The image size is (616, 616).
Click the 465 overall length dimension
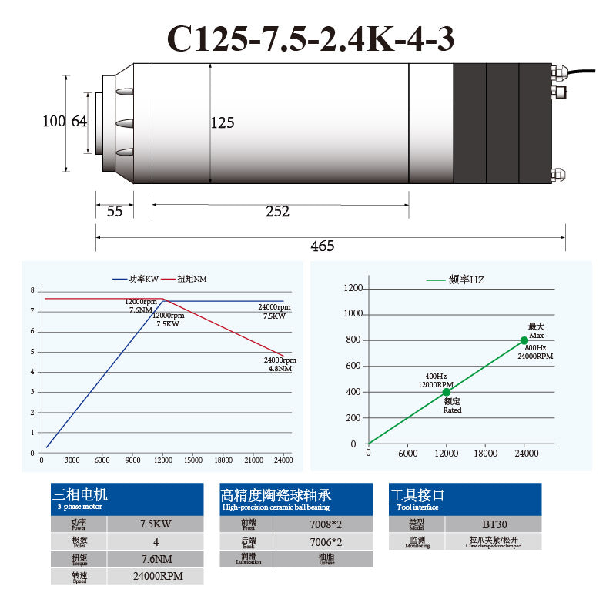point(322,246)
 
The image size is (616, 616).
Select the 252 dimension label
point(277,212)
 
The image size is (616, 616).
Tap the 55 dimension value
point(115,212)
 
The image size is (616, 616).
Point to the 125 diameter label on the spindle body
point(222,122)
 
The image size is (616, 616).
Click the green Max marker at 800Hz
point(524,340)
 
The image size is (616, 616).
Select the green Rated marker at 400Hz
point(447,392)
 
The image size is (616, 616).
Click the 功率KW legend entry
point(142,278)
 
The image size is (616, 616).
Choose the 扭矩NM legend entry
point(192,278)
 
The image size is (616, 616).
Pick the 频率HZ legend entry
point(466,280)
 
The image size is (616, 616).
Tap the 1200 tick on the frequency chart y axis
point(353,288)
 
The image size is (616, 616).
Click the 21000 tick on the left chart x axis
point(253,460)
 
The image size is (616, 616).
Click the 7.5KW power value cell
point(155,524)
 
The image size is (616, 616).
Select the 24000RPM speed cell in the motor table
point(155,576)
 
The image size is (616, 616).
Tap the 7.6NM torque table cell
point(155,559)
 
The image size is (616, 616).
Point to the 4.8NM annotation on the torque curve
point(280,369)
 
